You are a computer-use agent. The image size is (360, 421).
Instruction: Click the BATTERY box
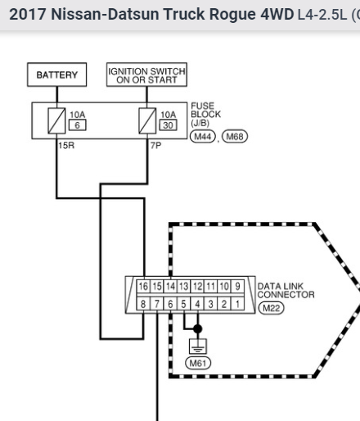57,75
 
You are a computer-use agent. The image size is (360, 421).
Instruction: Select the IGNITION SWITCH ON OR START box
146,75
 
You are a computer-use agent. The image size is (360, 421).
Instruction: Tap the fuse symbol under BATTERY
56,120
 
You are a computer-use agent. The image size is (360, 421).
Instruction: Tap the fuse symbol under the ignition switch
147,120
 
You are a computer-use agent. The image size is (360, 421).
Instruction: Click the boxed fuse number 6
78,125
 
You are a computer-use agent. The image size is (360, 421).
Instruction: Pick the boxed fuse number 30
168,125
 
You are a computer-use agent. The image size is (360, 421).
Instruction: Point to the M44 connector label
203,136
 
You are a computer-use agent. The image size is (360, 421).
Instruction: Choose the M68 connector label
235,136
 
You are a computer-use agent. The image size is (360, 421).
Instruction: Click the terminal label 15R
66,146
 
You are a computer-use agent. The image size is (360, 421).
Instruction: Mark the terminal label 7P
155,146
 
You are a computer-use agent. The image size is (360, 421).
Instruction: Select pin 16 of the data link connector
143,287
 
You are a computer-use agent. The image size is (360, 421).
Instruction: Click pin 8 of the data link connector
143,304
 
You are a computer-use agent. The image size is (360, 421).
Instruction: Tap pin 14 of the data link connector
170,287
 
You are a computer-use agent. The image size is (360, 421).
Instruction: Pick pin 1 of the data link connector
237,304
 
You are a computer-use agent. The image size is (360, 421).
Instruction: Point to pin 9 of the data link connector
237,287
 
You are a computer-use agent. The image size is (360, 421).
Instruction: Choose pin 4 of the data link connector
197,304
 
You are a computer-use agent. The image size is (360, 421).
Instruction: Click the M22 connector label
271,308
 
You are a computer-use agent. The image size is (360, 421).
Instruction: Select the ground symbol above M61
198,346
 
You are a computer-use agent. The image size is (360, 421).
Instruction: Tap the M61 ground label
198,363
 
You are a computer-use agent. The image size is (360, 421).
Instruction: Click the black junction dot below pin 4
198,329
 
